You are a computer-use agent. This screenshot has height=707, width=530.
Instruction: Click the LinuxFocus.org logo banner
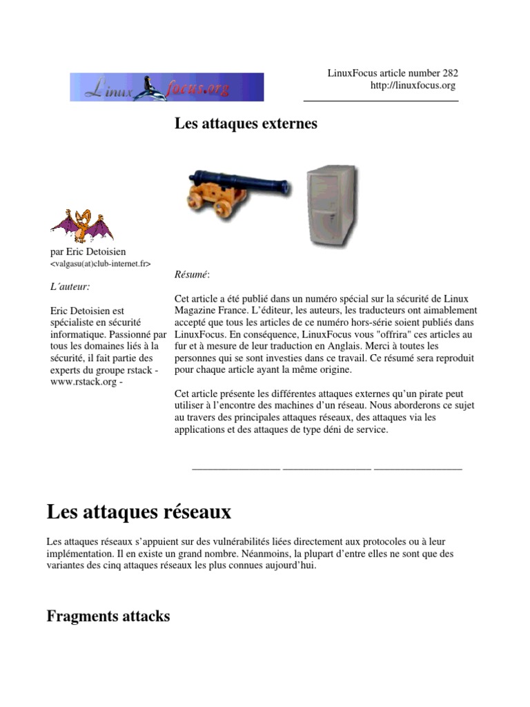[x=166, y=87]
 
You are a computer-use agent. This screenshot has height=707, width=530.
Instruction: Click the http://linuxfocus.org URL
[x=413, y=85]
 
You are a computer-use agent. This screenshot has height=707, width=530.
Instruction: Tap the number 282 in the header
[x=449, y=72]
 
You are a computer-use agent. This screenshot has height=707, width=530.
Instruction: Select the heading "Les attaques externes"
[x=246, y=124]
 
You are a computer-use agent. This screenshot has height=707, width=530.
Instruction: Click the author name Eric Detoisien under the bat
[x=96, y=251]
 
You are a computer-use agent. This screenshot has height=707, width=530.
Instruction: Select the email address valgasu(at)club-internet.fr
[x=101, y=264]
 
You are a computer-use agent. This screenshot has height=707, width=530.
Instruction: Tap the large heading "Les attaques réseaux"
[x=139, y=512]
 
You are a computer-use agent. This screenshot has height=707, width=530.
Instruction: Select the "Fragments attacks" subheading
[x=108, y=616]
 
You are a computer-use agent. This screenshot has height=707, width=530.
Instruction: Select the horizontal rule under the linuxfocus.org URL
[x=381, y=101]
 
